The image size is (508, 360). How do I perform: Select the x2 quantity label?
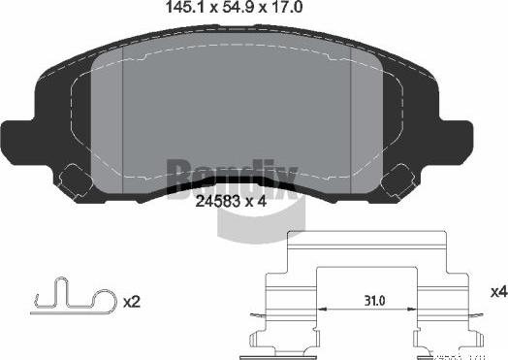(x=134, y=302)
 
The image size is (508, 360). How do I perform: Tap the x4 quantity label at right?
(x=498, y=290)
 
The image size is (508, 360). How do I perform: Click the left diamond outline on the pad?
(x=73, y=180)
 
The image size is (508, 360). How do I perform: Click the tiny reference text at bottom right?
(x=482, y=355)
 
